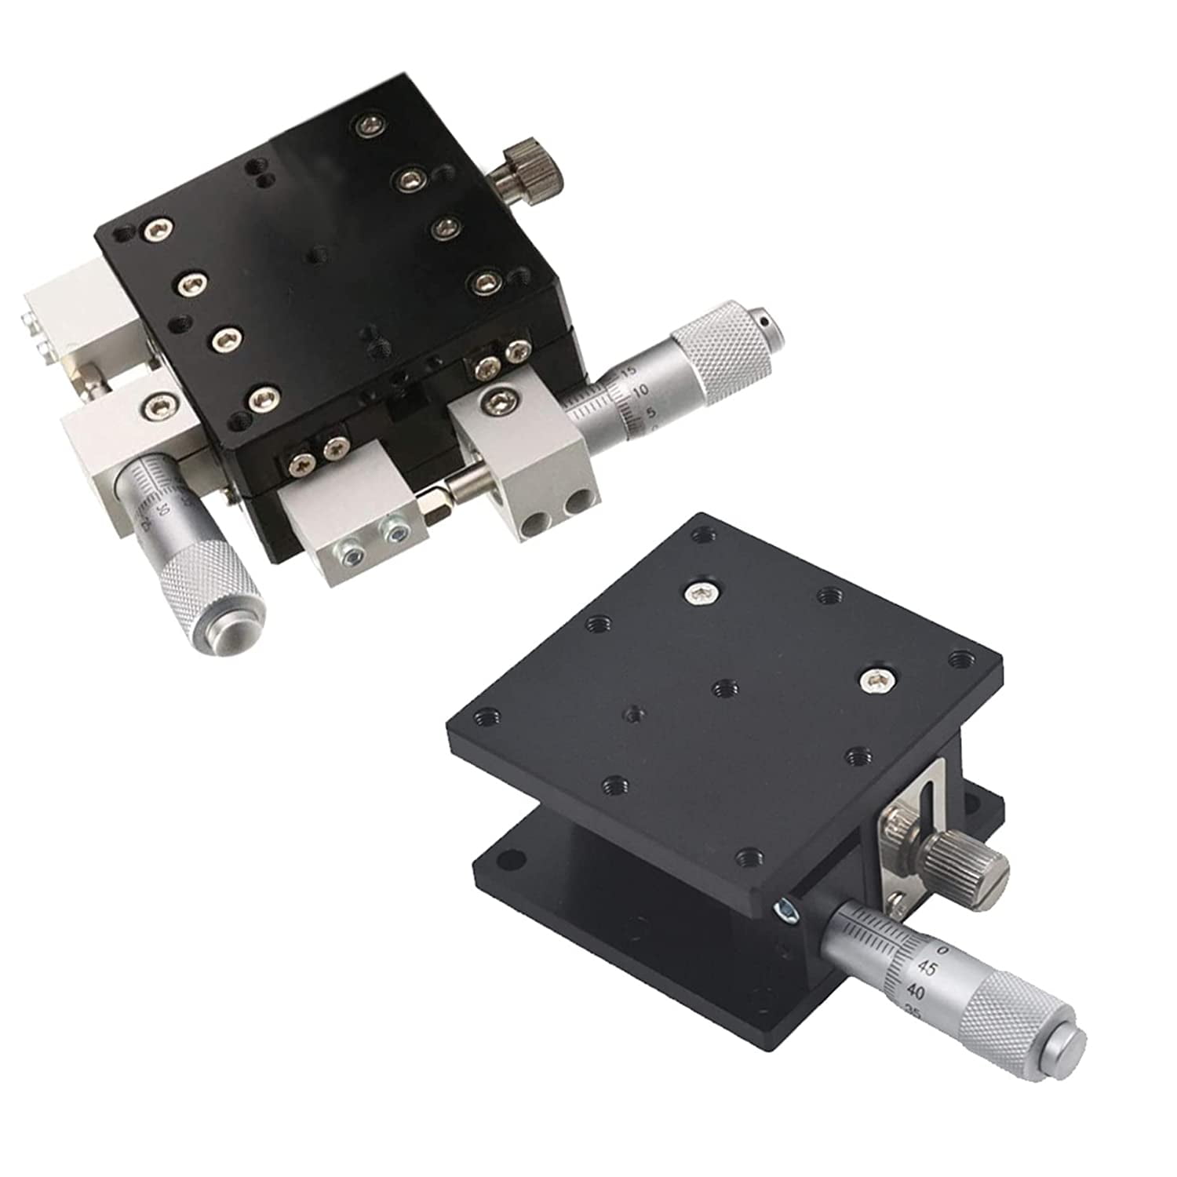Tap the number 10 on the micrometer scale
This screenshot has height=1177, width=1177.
[639, 389]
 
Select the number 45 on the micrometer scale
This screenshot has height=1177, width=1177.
[926, 969]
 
